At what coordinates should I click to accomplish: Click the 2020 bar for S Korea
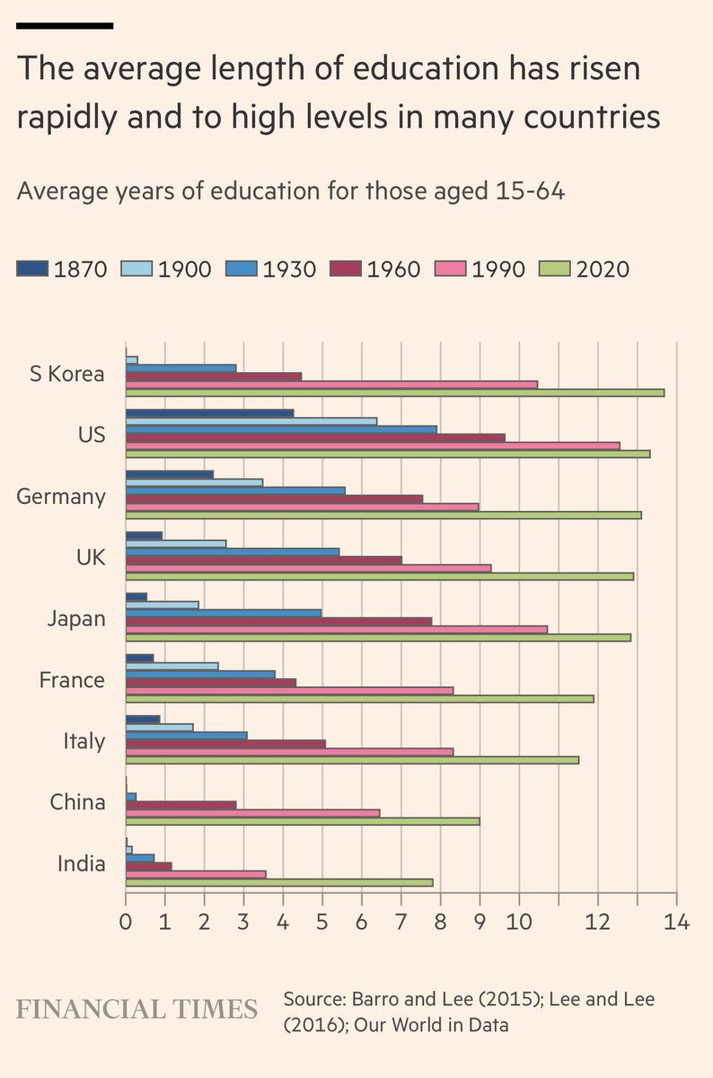[x=395, y=393]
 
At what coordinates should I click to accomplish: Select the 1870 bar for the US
[x=209, y=413]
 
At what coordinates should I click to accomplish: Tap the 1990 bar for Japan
[x=336, y=629]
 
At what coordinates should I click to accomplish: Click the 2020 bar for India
[x=279, y=882]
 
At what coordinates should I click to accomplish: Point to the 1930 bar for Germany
[x=235, y=490]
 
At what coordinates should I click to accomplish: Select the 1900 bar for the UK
[x=176, y=543]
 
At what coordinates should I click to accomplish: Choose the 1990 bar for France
[x=289, y=690]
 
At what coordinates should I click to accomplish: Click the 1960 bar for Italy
[x=225, y=744]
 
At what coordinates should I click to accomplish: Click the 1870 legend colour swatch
[x=32, y=269]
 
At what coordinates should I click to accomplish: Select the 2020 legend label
[x=603, y=269]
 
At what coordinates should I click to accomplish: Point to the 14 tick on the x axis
[x=676, y=922]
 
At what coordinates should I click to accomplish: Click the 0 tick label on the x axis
[x=126, y=922]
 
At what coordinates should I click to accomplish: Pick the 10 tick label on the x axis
[x=519, y=922]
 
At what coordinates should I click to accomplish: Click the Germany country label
[x=61, y=496]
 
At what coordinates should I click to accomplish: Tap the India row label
[x=82, y=863]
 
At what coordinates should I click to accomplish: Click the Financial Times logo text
[x=136, y=1009]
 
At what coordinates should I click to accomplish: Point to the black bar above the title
[x=65, y=25]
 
